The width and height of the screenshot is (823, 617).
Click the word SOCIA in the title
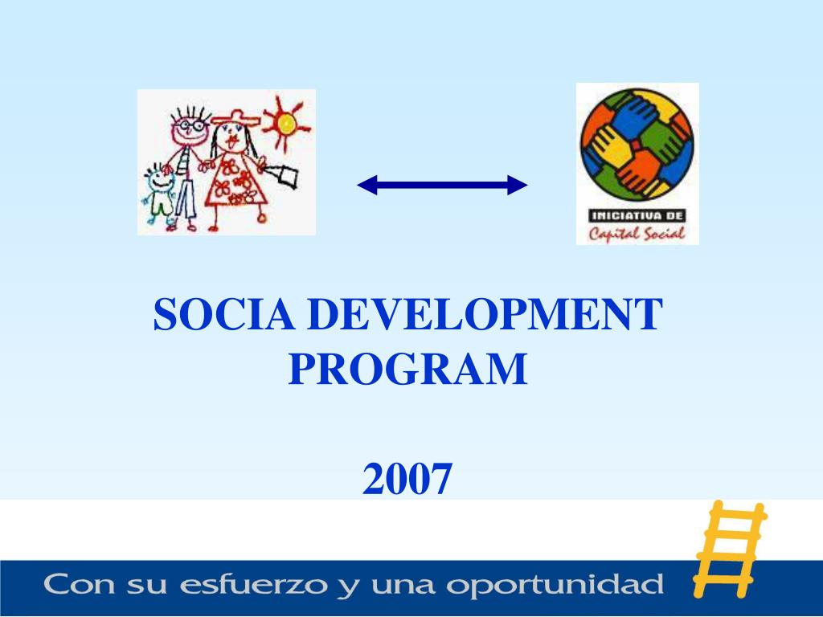click(224, 314)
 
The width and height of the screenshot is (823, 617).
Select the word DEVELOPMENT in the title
click(485, 314)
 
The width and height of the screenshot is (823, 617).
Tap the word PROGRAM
click(407, 369)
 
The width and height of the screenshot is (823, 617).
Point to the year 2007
click(407, 479)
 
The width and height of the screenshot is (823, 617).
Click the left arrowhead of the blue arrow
click(366, 185)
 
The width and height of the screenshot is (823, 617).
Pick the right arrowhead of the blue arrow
click(518, 185)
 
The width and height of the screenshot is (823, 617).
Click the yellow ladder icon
click(730, 550)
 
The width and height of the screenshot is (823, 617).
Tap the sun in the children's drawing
click(286, 124)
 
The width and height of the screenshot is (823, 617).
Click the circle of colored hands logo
click(637, 145)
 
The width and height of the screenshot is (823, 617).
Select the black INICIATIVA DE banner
click(637, 215)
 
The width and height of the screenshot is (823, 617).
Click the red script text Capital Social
click(637, 234)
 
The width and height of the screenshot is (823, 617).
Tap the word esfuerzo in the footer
click(253, 585)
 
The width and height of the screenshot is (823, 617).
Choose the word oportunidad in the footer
click(555, 585)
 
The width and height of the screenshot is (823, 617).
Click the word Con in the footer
click(79, 584)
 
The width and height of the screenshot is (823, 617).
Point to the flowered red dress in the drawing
click(235, 179)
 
